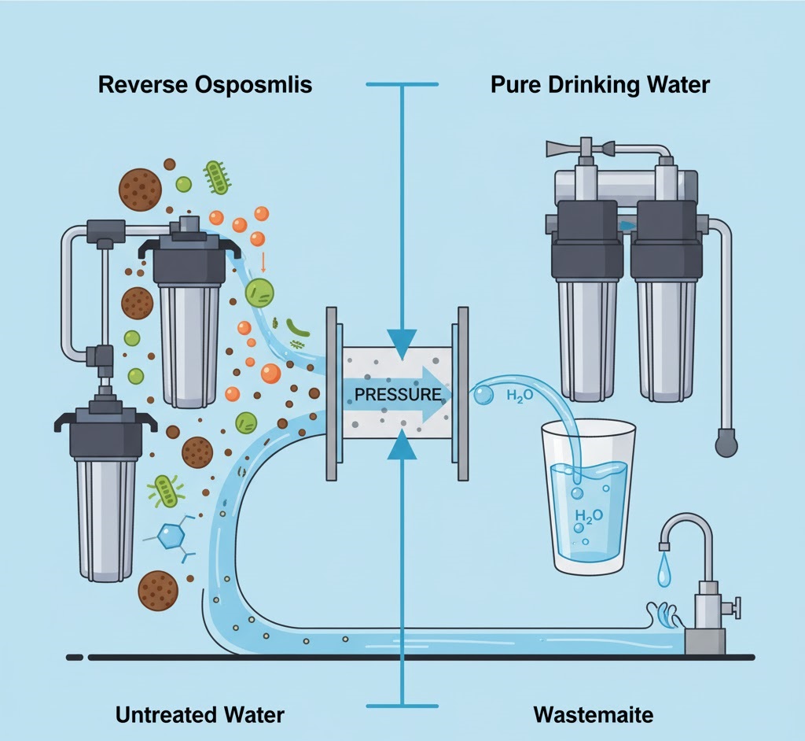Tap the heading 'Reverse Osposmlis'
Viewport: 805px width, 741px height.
click(205, 85)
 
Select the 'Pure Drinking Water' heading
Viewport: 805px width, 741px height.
click(600, 85)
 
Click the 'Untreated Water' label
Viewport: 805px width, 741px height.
click(200, 715)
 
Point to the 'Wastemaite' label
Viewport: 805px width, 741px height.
click(594, 715)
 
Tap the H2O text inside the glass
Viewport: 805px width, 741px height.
click(588, 516)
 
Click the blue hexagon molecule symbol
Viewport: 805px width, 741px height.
click(169, 537)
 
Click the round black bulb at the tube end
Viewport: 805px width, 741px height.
click(725, 444)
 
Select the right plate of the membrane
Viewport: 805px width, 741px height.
click(460, 393)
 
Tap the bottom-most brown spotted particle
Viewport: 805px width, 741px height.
click(157, 590)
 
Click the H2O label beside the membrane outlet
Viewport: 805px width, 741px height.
click(520, 395)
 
